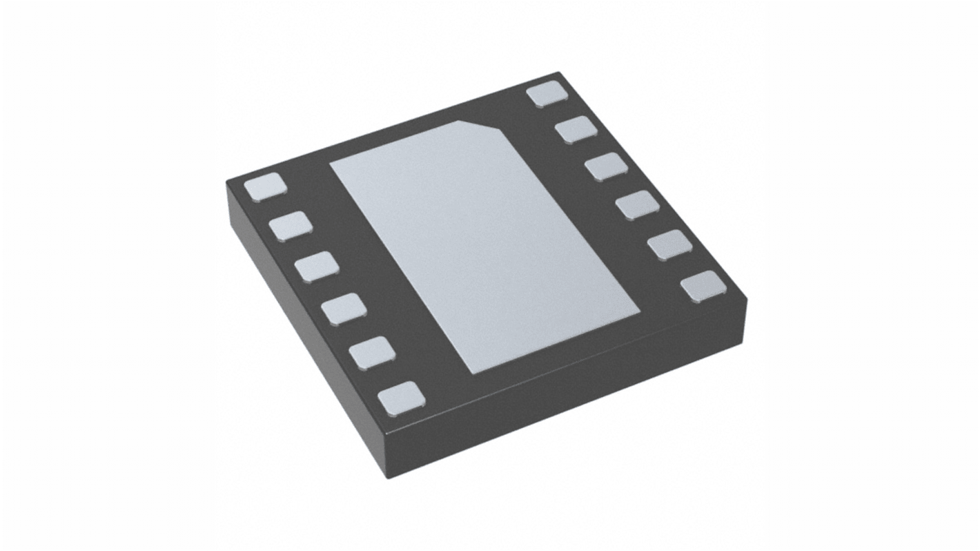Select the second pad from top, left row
click(x=291, y=226)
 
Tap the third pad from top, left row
click(x=316, y=267)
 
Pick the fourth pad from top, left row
click(x=343, y=308)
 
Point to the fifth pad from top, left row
click(x=372, y=352)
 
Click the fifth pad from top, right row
click(x=669, y=245)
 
